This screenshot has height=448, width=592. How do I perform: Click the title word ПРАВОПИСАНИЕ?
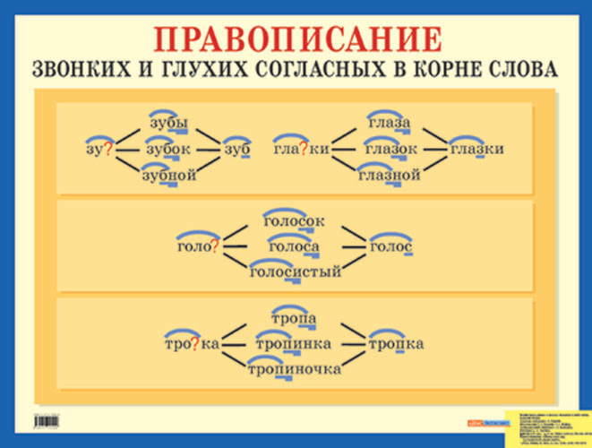tap(297, 39)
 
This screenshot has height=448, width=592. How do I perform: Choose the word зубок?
tap(167, 149)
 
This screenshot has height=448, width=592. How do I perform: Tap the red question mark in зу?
tap(107, 150)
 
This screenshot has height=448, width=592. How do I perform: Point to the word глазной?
tap(390, 175)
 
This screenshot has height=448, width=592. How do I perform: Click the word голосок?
tap(294, 220)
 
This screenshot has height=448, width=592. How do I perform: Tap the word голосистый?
tap(296, 271)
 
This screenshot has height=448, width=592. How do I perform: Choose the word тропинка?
tap(293, 344)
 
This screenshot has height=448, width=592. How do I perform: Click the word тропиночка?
tap(295, 368)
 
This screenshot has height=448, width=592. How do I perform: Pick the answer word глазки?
tap(476, 149)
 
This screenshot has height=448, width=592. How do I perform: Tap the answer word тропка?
tap(395, 344)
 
